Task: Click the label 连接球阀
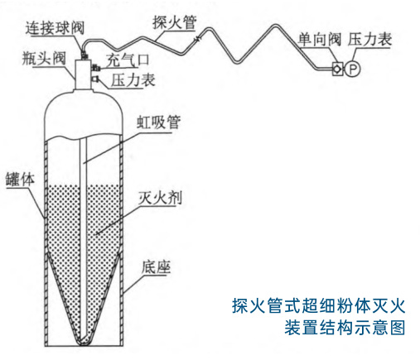[x=55, y=28]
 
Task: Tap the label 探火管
[x=175, y=22]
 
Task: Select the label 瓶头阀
[x=44, y=58]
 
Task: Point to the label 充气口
[x=128, y=60]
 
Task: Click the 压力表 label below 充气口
[x=133, y=80]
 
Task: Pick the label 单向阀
[x=319, y=40]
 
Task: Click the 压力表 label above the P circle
[x=369, y=39]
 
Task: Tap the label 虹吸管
[x=159, y=122]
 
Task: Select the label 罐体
[x=20, y=180]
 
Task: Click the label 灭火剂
[x=160, y=198]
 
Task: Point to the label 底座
[x=156, y=267]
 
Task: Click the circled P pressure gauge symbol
[x=353, y=69]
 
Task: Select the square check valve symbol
[x=337, y=69]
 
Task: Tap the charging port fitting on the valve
[x=95, y=68]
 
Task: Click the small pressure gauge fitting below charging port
[x=95, y=79]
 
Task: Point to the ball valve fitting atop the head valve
[x=84, y=55]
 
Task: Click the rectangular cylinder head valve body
[x=83, y=74]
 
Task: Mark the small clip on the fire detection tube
[x=198, y=39]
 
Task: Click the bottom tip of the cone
[x=84, y=344]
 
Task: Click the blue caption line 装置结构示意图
[x=345, y=328]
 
